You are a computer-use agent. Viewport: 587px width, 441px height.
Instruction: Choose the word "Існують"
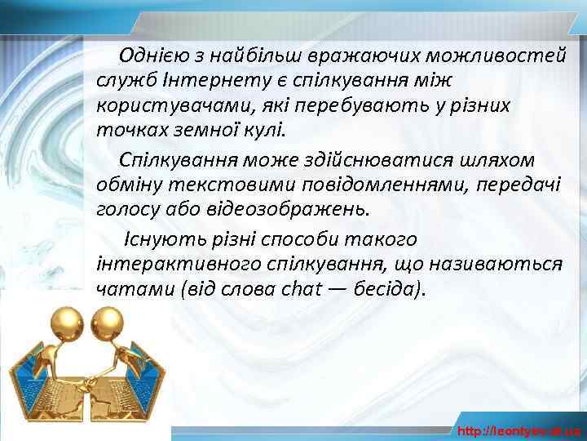click(157, 239)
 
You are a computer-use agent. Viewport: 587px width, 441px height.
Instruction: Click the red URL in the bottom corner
click(519, 430)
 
